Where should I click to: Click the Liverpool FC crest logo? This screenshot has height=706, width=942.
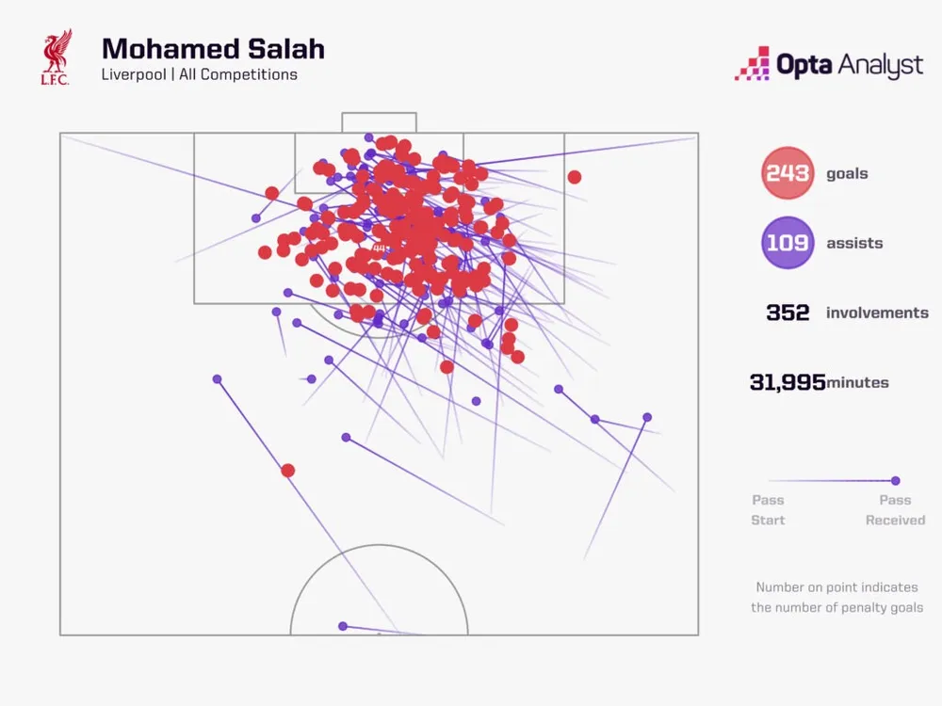tap(57, 57)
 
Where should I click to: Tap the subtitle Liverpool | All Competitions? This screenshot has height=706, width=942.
tap(200, 74)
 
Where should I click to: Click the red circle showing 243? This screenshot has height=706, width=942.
tap(788, 173)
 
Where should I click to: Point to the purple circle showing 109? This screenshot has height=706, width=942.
tap(788, 243)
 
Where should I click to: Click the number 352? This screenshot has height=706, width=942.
tap(788, 313)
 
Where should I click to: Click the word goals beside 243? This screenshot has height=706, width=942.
tap(847, 173)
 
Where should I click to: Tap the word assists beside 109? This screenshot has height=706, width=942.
tap(854, 243)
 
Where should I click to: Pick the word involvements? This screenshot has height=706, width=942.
tap(877, 313)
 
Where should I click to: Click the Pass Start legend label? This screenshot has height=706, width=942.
tap(768, 510)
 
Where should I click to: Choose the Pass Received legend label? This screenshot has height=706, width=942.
tap(895, 510)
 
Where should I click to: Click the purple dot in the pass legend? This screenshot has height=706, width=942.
tap(895, 480)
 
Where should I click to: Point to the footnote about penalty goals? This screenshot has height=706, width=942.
tap(836, 597)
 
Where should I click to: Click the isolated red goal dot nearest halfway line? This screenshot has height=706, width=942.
tap(288, 471)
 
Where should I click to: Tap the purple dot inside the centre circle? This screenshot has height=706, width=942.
tap(343, 626)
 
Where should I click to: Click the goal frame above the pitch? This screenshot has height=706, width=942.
tap(379, 121)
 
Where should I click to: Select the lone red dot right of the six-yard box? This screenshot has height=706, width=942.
tap(574, 177)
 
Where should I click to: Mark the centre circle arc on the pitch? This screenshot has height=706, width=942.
tap(379, 546)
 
